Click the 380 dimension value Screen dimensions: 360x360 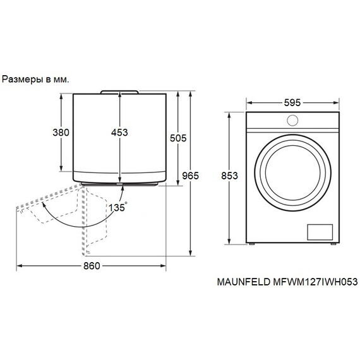[61, 133]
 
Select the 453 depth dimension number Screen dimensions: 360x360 [119, 133]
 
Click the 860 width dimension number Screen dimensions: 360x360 [91, 266]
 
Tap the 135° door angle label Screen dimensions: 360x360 [117, 207]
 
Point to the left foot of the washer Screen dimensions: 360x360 [251, 244]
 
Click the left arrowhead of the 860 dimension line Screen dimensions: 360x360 [18, 266]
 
